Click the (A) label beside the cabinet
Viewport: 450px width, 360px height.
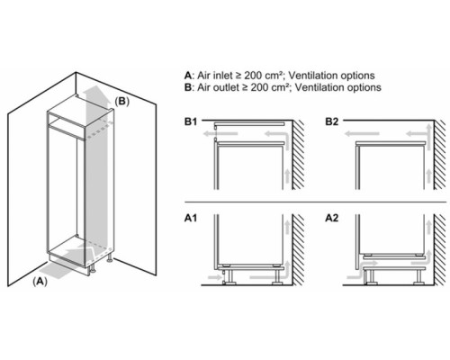pos(40,282)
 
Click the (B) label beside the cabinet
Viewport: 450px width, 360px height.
pos(122,102)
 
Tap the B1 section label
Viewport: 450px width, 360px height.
pos(191,121)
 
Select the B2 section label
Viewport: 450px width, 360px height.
pos(332,121)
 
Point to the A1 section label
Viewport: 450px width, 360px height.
pos(191,218)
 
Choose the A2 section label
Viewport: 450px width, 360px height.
pos(332,218)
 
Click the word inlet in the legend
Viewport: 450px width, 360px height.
pos(221,76)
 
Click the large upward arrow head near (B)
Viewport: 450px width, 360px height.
pos(95,92)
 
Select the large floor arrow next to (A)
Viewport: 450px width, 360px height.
pos(66,264)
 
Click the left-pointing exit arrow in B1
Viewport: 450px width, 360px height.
pos(220,133)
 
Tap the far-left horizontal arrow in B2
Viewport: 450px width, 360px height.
pos(362,133)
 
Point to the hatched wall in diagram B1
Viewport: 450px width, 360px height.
pos(298,155)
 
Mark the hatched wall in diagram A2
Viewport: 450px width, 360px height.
pos(440,250)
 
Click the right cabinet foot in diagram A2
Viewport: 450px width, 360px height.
pos(418,276)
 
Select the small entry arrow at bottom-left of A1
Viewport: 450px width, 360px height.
pos(215,277)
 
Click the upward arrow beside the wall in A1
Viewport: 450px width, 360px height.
pos(287,227)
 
